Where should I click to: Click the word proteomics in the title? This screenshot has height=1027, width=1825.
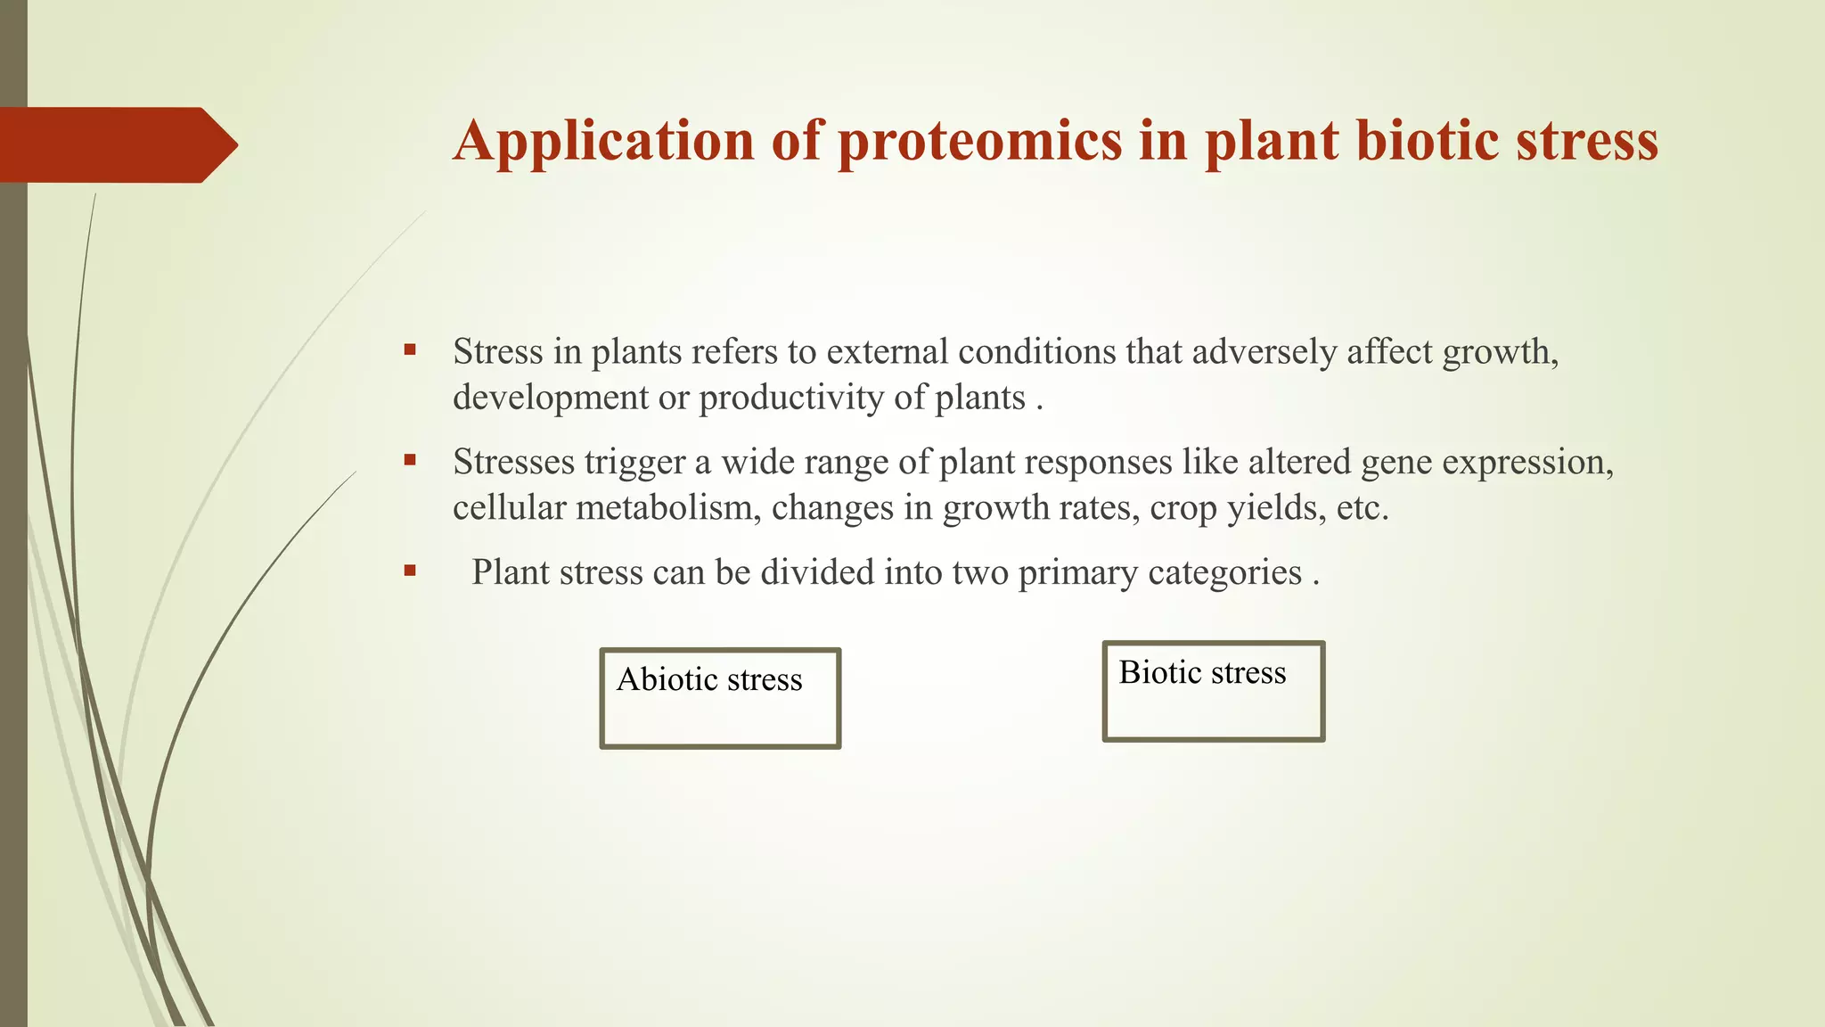tap(979, 141)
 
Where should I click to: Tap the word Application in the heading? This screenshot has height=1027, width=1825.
tap(603, 141)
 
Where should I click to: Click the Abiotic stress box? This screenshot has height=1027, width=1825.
tap(720, 699)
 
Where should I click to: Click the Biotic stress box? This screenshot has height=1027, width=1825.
tap(1213, 692)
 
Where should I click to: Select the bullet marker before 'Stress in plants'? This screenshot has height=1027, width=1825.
tap(410, 350)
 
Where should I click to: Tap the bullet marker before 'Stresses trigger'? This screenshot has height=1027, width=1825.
tap(410, 461)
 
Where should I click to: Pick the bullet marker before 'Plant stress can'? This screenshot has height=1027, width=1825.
tap(410, 571)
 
